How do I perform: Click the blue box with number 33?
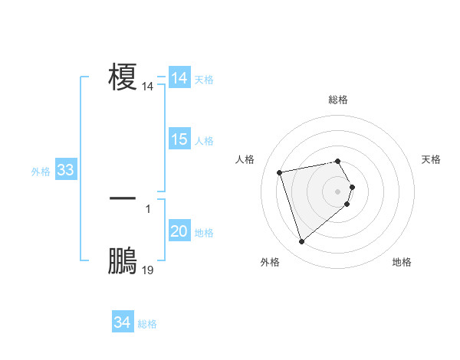click(x=65, y=170)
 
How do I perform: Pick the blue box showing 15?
click(x=179, y=139)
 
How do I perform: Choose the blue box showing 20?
click(x=179, y=231)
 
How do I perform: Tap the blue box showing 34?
click(x=122, y=322)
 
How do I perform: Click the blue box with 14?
click(x=179, y=78)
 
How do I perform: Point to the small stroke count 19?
click(x=148, y=270)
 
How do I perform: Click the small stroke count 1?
click(x=148, y=209)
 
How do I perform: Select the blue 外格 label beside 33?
click(x=41, y=172)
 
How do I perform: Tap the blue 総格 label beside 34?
click(x=147, y=324)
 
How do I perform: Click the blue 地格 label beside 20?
click(x=204, y=233)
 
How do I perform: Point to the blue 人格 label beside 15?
click(x=204, y=141)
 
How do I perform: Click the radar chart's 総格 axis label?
click(x=338, y=100)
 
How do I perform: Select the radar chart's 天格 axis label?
click(x=431, y=159)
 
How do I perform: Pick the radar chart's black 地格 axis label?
click(x=402, y=262)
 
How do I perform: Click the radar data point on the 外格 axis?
click(x=301, y=242)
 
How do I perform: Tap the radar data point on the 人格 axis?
click(x=280, y=172)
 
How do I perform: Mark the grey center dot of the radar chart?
click(x=338, y=191)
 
